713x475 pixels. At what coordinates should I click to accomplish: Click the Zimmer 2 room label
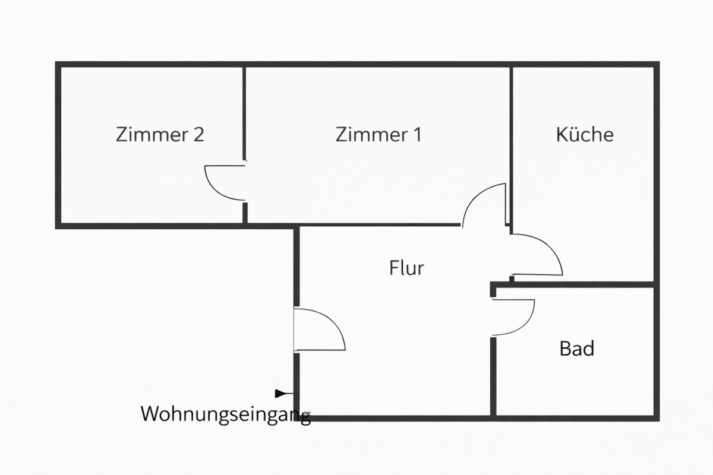pos(160,134)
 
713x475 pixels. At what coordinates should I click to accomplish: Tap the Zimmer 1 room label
pos(378,134)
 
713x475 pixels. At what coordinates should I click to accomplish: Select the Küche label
pos(585,134)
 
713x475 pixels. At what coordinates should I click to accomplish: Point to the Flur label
pos(407,268)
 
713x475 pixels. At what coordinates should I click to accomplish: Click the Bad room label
pos(576,349)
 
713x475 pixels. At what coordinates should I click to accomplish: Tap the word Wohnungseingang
pos(226,414)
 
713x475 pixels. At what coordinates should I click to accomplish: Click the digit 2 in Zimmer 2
pos(198,134)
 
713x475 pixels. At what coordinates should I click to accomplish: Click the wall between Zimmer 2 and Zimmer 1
pos(244,107)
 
